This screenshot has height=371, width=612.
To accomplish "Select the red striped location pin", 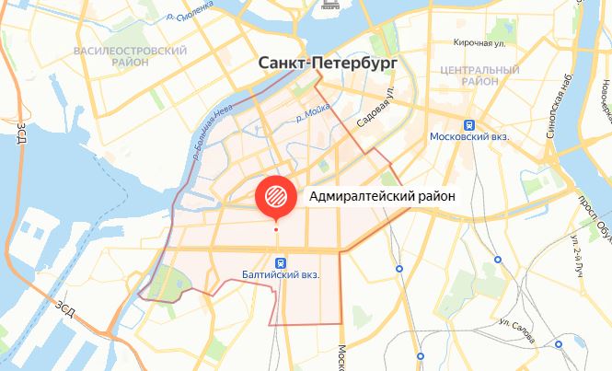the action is coord(275,194).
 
